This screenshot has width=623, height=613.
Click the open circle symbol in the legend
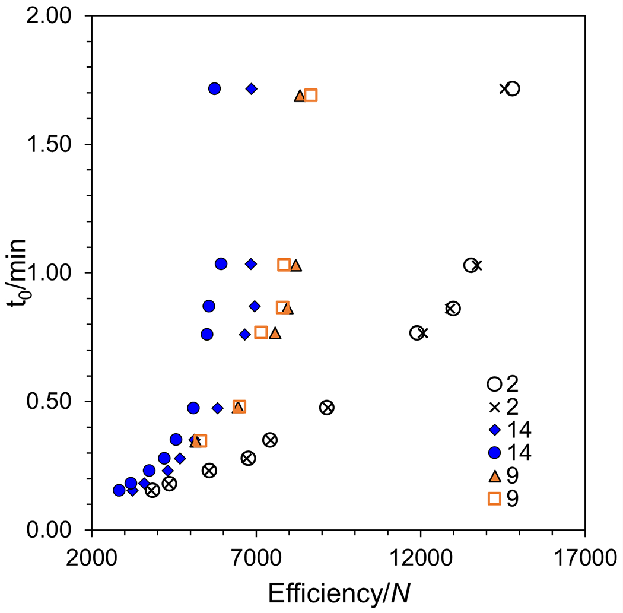[494, 384]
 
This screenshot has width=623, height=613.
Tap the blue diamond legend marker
[494, 430]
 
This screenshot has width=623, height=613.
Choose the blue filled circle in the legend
[494, 453]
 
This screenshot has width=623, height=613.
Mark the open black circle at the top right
[513, 88]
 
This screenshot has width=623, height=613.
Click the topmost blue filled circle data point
[215, 88]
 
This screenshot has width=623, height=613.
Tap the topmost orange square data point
[311, 95]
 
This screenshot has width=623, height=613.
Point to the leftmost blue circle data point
[119, 490]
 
